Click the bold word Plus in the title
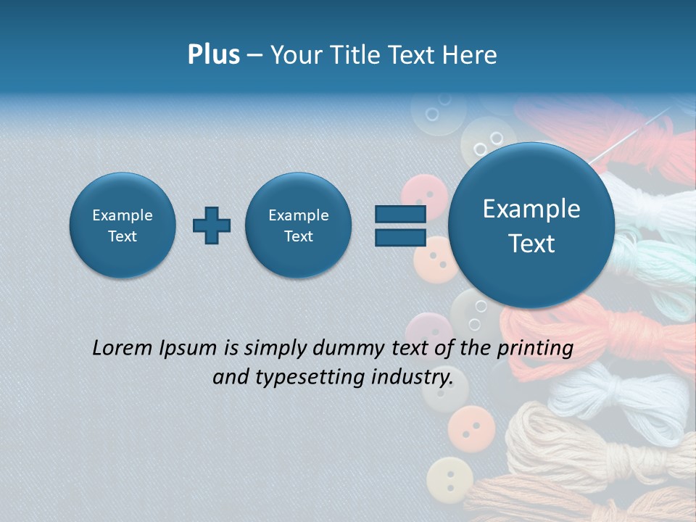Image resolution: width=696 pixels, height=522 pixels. [x=213, y=55]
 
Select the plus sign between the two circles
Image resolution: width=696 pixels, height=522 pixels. [x=212, y=225]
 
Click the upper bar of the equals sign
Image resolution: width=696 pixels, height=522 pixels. [x=399, y=214]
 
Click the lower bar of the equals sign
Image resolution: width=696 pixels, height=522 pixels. [x=399, y=238]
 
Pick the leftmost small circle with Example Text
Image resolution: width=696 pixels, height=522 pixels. [x=123, y=225]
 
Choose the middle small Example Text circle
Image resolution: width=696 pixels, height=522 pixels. [x=299, y=225]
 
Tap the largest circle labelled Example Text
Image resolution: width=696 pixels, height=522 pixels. [x=531, y=225]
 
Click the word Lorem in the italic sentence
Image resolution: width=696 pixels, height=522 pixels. [x=123, y=348]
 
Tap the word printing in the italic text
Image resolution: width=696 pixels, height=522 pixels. [x=534, y=348]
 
